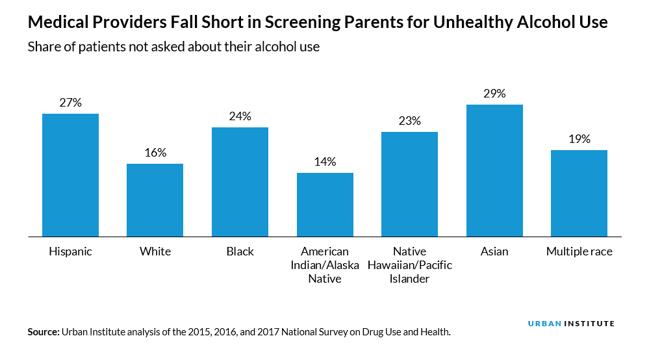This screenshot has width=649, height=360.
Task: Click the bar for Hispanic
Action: point(70,175)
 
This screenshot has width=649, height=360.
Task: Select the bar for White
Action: point(155,199)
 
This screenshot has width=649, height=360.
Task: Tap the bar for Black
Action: point(240,181)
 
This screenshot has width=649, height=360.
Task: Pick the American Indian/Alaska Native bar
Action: point(325,204)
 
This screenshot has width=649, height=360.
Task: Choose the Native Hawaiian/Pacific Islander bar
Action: point(410,184)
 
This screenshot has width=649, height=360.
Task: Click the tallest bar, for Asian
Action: point(494,170)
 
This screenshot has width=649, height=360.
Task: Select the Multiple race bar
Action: point(579,193)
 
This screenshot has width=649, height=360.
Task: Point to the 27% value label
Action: point(70,102)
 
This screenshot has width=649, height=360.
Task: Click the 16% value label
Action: point(155,153)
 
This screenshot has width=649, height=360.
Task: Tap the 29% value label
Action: point(494,93)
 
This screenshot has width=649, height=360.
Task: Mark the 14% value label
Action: point(325,162)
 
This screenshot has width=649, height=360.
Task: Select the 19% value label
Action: point(579,138)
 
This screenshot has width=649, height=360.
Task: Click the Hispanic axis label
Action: point(70,251)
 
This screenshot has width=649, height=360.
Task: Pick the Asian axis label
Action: point(494,251)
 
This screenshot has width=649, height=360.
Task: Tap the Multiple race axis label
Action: point(579,251)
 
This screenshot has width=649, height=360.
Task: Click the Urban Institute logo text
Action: point(571,324)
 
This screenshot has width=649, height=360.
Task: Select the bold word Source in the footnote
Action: point(43,332)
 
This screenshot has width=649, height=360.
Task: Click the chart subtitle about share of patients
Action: point(173,47)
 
